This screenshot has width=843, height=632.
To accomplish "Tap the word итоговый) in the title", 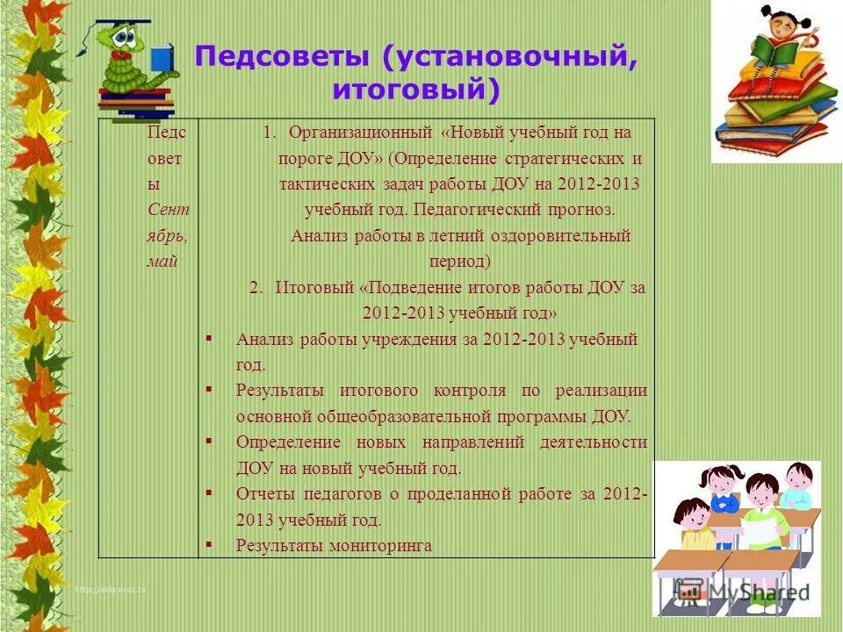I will click(415, 89).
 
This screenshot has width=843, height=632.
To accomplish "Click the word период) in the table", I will click(459, 262).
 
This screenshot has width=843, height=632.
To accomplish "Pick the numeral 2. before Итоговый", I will click(256, 288).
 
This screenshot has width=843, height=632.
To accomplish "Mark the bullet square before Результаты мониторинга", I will click(208, 544).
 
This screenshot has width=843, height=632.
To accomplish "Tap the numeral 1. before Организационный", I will click(270, 133).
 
